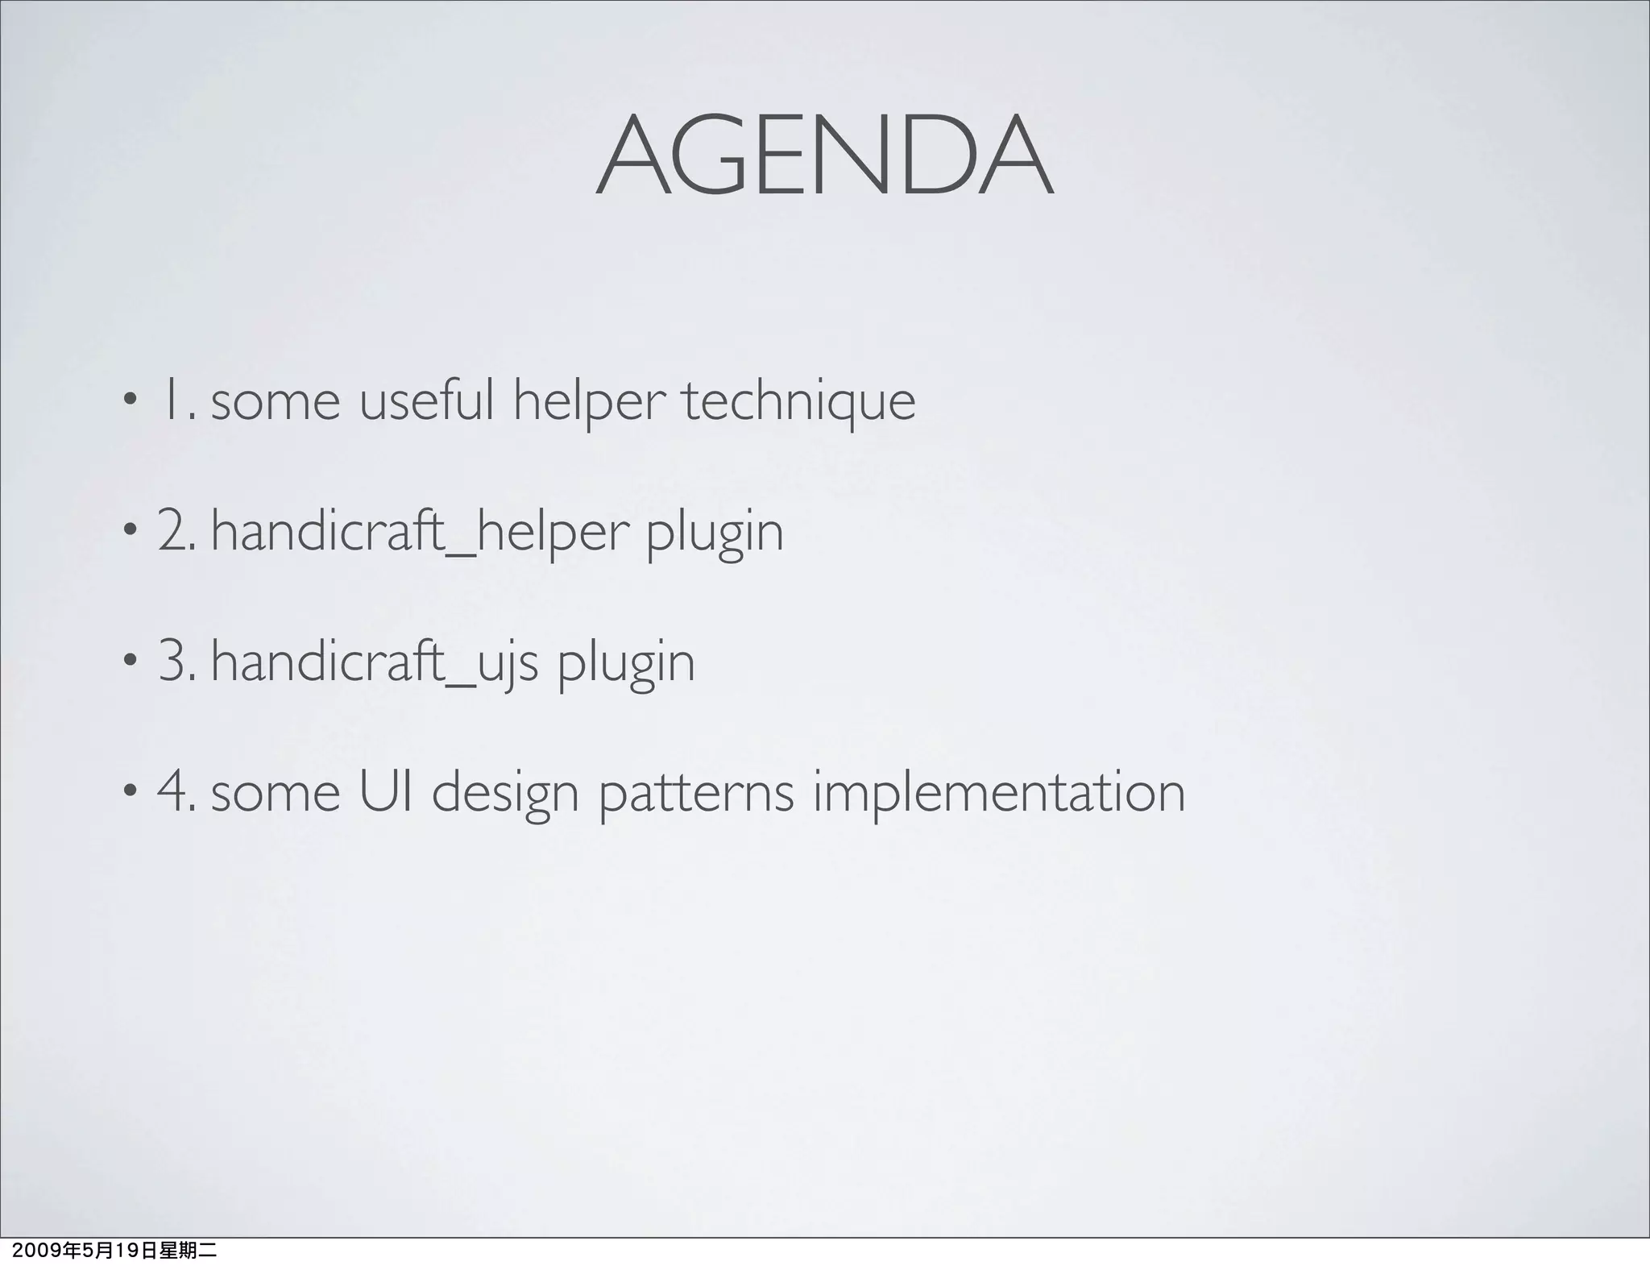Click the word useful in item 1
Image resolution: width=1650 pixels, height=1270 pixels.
pyautogui.click(x=425, y=401)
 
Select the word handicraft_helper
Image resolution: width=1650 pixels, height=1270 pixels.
pyautogui.click(x=418, y=532)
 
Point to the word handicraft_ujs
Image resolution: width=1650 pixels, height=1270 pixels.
pyautogui.click(x=374, y=662)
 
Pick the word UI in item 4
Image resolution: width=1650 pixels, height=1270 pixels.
pyautogui.click(x=386, y=791)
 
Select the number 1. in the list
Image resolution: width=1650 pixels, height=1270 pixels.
pyautogui.click(x=179, y=401)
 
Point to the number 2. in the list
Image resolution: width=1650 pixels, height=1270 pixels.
pyautogui.click(x=176, y=532)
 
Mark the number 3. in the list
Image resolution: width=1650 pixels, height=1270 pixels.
pyautogui.click(x=176, y=662)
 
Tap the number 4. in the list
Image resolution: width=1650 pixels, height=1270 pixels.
pyautogui.click(x=176, y=791)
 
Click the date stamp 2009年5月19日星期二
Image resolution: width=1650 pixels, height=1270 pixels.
pyautogui.click(x=109, y=1251)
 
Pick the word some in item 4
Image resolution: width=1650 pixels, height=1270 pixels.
pyautogui.click(x=276, y=793)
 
